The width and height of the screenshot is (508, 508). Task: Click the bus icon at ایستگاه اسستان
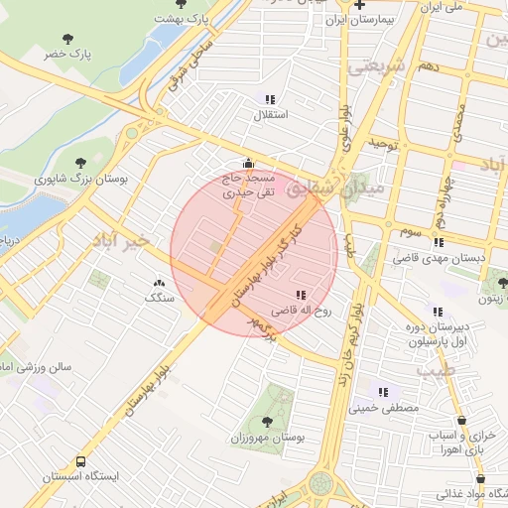click(80, 461)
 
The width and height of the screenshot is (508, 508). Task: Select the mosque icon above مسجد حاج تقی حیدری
click(247, 164)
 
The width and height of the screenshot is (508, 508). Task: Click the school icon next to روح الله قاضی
click(301, 295)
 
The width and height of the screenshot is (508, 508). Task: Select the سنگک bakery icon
click(159, 284)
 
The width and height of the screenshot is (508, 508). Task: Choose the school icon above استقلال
click(269, 99)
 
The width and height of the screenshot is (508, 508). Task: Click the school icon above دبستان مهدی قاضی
click(439, 242)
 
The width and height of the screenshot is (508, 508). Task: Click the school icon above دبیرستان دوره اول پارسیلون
click(432, 311)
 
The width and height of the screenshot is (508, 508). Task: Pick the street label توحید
click(383, 145)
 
